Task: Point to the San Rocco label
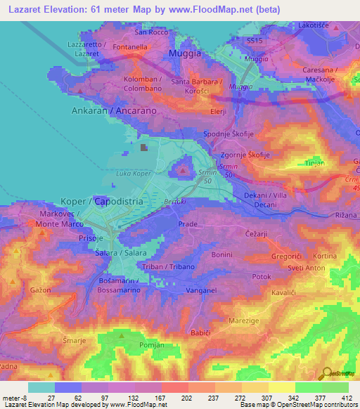tap(152, 32)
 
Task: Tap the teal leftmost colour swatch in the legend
tap(41, 387)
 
